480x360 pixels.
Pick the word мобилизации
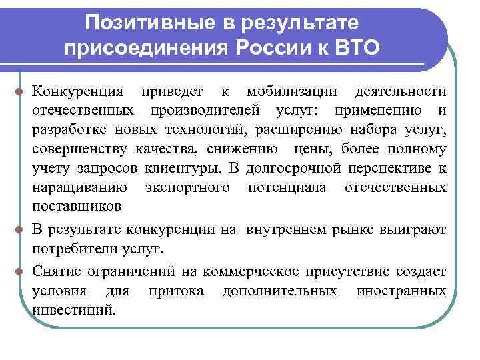[290, 91]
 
